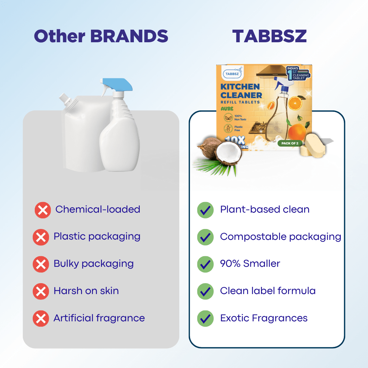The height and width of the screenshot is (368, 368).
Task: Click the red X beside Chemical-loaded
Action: [43, 210]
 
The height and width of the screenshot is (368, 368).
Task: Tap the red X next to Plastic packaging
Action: [41, 237]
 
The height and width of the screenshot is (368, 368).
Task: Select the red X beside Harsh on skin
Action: [41, 291]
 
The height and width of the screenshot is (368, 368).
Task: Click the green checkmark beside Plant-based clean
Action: [205, 210]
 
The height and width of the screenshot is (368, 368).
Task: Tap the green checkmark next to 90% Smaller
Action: [205, 264]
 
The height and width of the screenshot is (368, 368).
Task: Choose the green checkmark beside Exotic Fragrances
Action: [205, 319]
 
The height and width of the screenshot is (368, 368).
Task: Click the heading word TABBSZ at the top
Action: [269, 36]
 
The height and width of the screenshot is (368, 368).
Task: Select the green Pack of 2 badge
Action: [290, 143]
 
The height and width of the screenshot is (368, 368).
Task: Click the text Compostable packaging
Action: [280, 236]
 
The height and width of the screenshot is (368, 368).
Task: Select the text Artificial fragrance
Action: [99, 318]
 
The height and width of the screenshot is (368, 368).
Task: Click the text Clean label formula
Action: [268, 291]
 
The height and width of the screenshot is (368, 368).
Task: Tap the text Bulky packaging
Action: [93, 264]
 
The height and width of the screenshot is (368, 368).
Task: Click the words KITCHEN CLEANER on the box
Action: [241, 91]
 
